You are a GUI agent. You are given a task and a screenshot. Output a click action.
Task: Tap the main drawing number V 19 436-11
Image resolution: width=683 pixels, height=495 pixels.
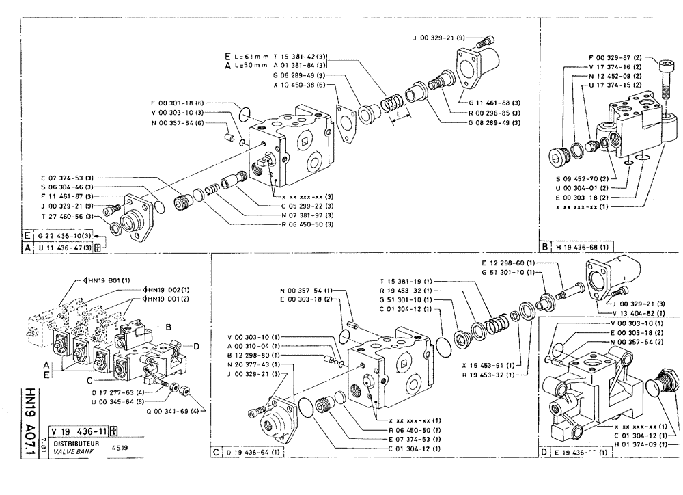(76, 430)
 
